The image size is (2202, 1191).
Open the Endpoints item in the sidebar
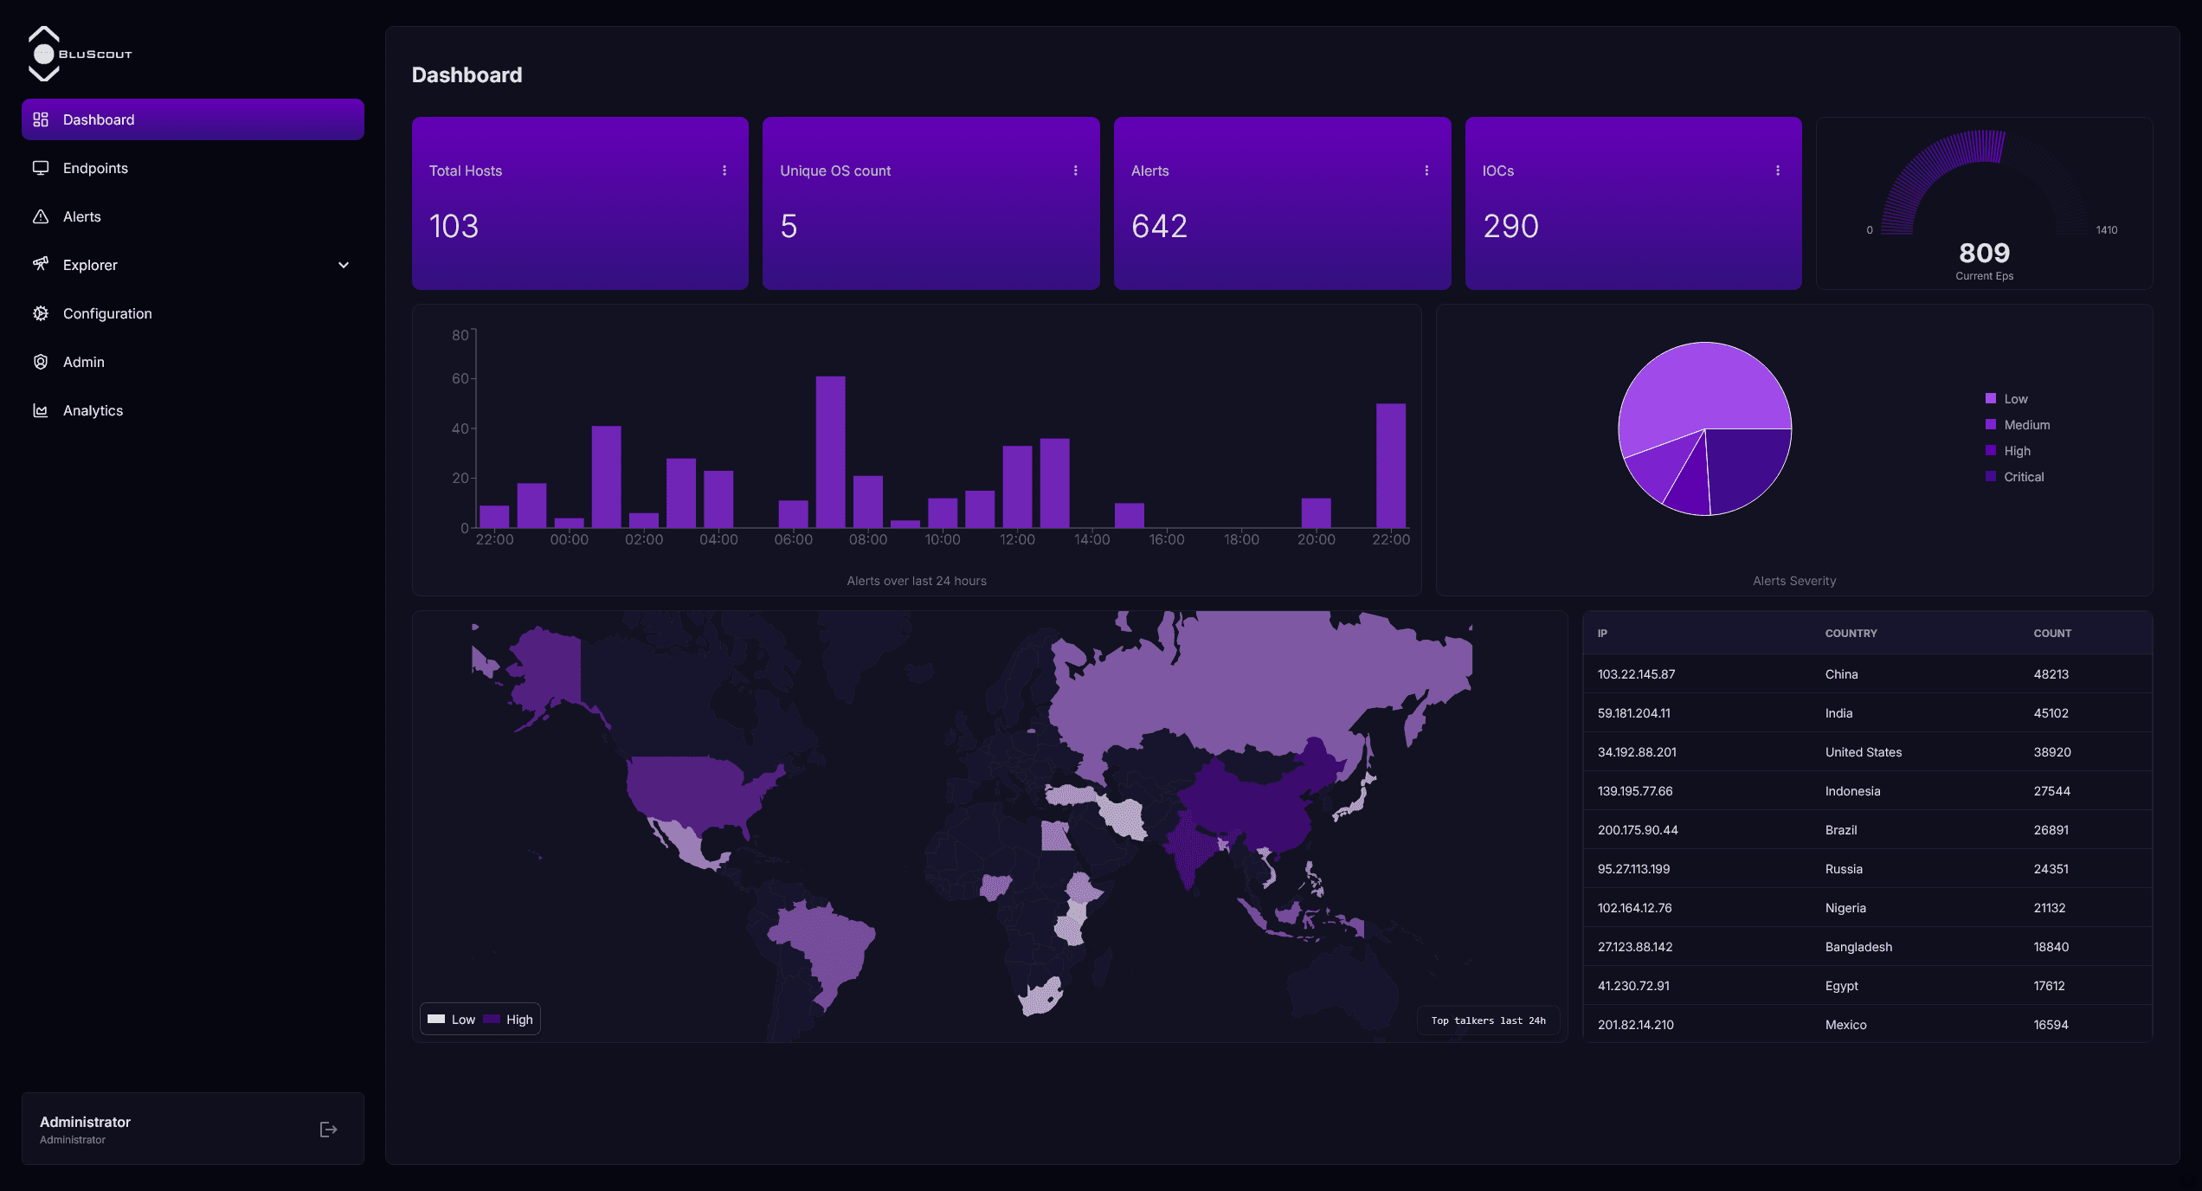[95, 168]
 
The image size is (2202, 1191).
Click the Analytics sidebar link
[93, 410]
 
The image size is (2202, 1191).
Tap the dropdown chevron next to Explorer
[344, 265]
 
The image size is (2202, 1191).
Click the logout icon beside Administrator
[328, 1130]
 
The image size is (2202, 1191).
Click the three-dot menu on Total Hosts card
[724, 171]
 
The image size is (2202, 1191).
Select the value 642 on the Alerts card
[1159, 226]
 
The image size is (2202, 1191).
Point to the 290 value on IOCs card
[1510, 226]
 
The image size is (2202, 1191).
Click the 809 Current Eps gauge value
[1984, 253]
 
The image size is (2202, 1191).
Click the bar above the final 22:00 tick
[1390, 465]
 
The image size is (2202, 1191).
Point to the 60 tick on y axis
[460, 378]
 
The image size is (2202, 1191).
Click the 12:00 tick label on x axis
[1017, 539]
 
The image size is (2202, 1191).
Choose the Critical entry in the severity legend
[2023, 477]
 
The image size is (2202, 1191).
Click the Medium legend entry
[2026, 425]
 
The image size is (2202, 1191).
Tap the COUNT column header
[2052, 634]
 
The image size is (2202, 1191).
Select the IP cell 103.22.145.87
[1636, 674]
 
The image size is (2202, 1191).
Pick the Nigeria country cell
[1845, 908]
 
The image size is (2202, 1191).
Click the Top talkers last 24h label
[1488, 1020]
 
